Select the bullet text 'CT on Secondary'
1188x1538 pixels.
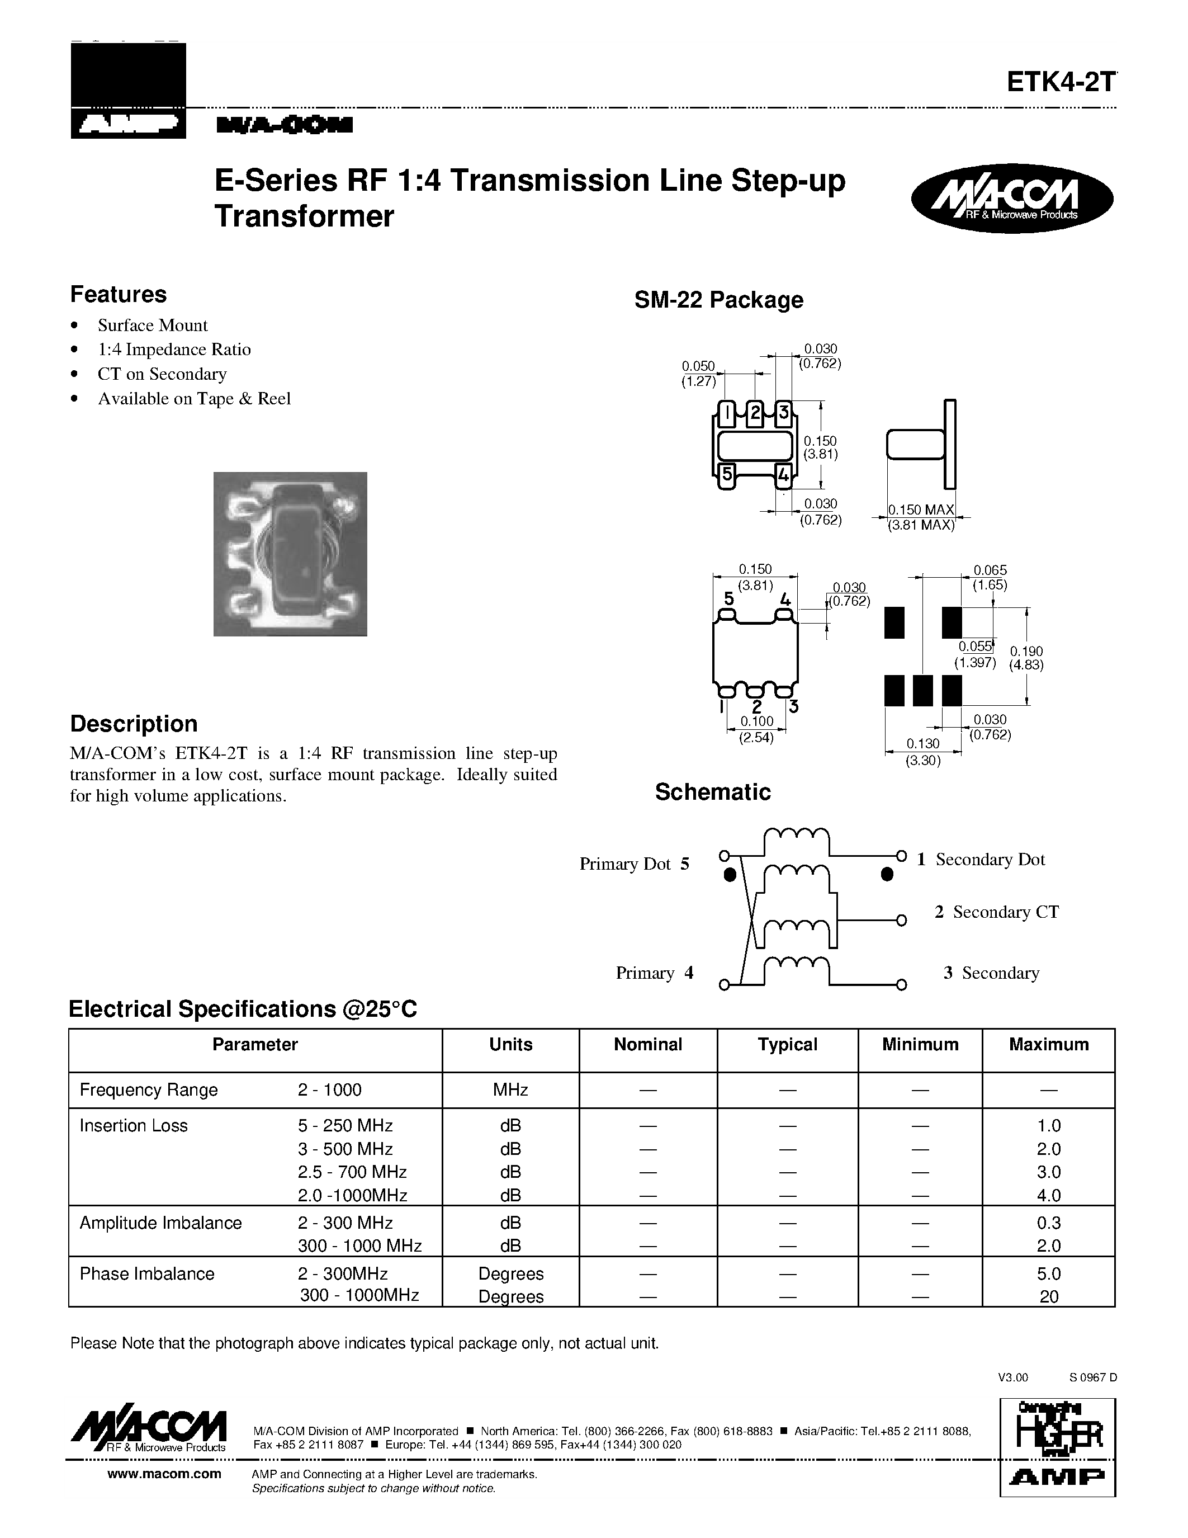pyautogui.click(x=162, y=374)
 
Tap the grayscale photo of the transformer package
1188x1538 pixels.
pyautogui.click(x=290, y=554)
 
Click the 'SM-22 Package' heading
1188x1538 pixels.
pyautogui.click(x=718, y=300)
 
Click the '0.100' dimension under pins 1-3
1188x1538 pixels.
pyautogui.click(x=756, y=721)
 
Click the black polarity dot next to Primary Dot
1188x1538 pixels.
pyautogui.click(x=730, y=875)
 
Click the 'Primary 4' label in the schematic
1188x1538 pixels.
pyautogui.click(x=655, y=973)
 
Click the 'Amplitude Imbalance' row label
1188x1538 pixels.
pyautogui.click(x=160, y=1223)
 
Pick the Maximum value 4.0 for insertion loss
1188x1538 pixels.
pyautogui.click(x=1048, y=1195)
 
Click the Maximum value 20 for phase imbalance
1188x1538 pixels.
pyautogui.click(x=1048, y=1296)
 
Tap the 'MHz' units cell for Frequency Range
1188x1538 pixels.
pyautogui.click(x=510, y=1090)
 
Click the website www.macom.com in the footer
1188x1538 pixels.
pyautogui.click(x=164, y=1473)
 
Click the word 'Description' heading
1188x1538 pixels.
pyautogui.click(x=134, y=724)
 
